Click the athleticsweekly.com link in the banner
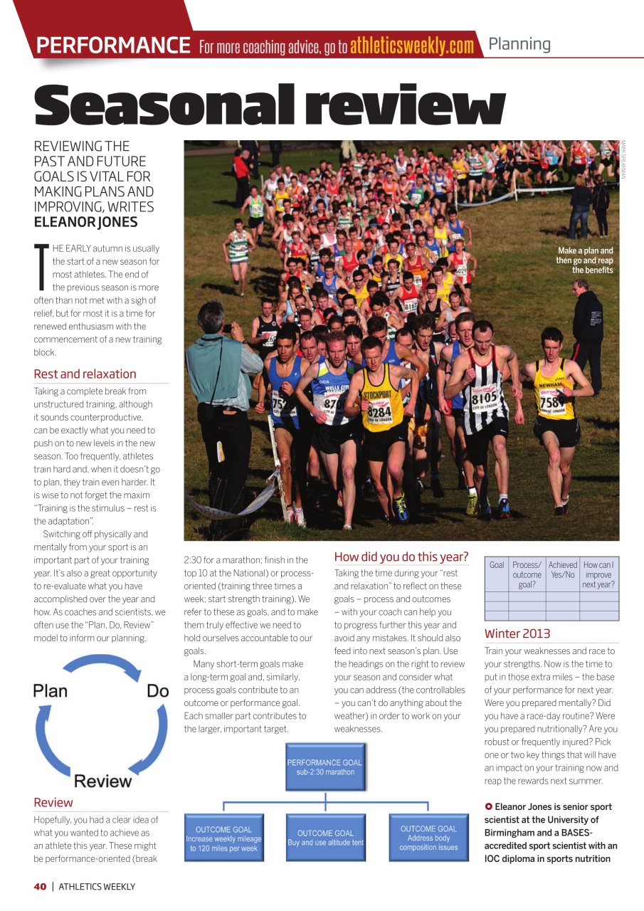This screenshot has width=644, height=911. tap(411, 47)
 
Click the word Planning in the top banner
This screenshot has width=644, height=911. tap(519, 44)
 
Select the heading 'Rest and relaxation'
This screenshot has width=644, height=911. tap(85, 374)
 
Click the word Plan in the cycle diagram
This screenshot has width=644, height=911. tap(50, 691)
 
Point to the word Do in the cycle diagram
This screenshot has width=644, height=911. tap(157, 691)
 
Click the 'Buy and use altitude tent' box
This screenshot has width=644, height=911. tap(325, 838)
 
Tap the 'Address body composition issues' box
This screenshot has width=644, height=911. tap(428, 838)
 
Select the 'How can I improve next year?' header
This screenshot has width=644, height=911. tap(598, 574)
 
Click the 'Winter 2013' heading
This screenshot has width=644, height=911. tap(517, 633)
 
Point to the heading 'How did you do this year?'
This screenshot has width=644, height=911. tap(401, 557)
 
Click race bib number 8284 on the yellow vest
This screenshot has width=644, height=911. tap(379, 411)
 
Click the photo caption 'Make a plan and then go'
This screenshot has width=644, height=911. tap(585, 260)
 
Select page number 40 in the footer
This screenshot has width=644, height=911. tap(40, 886)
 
